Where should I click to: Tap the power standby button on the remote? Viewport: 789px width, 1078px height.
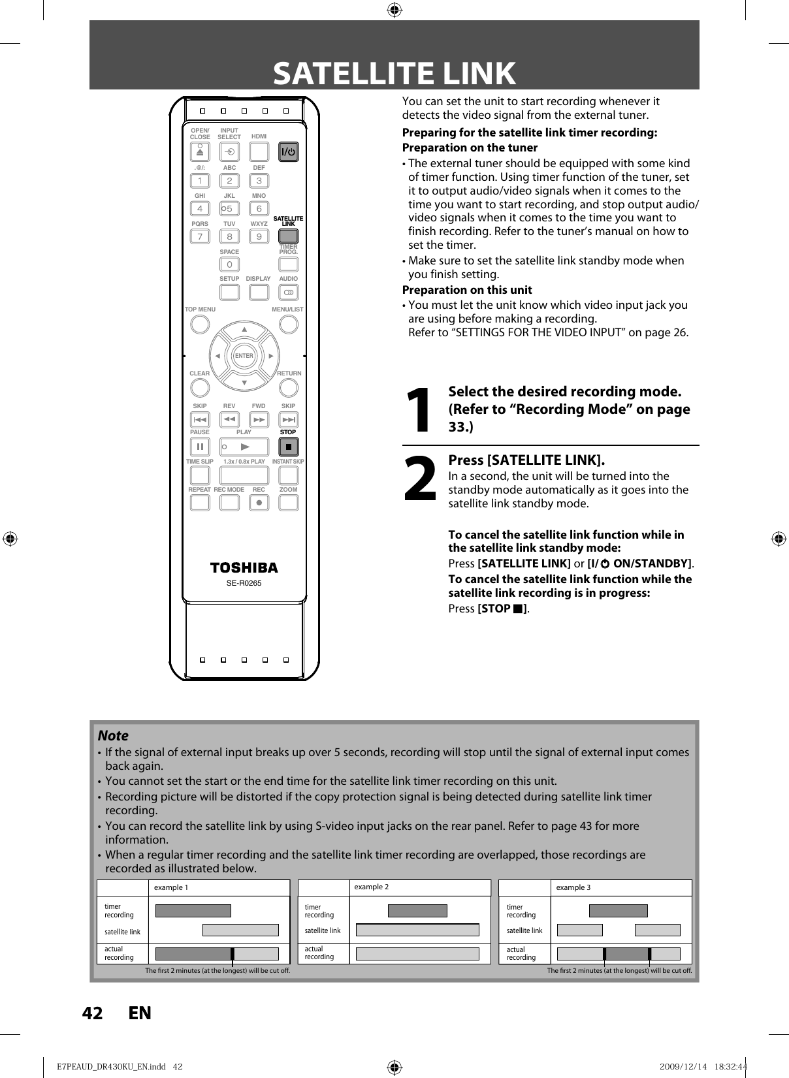(x=288, y=152)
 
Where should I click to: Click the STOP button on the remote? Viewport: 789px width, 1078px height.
(x=288, y=447)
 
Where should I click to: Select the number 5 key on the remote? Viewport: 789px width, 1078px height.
(x=229, y=209)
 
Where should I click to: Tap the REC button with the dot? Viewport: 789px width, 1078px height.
(x=259, y=503)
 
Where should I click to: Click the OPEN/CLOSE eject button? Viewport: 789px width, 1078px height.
(x=200, y=152)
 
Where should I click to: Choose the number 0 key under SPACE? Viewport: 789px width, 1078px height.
(x=229, y=264)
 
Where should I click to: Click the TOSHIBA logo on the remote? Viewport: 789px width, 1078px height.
(x=244, y=567)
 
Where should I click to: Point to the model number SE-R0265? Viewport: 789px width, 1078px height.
(x=244, y=583)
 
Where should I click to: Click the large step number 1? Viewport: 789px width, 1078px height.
(x=419, y=410)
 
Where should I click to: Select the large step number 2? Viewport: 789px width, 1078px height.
(x=419, y=480)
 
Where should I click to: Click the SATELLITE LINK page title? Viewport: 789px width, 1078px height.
(x=394, y=73)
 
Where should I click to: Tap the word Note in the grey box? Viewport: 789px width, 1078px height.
(x=113, y=735)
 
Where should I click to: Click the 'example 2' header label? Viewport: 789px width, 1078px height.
(x=371, y=887)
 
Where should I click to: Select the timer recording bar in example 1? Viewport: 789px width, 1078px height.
(x=193, y=911)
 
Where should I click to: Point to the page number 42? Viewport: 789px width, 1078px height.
(x=92, y=1013)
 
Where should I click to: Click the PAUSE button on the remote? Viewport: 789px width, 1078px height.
(x=200, y=447)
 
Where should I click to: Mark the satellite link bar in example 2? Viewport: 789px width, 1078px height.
(x=417, y=930)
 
